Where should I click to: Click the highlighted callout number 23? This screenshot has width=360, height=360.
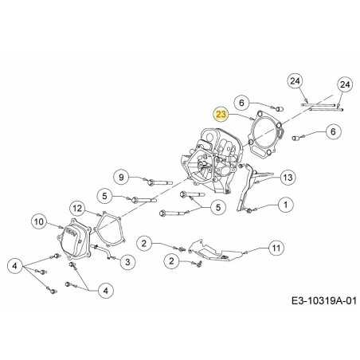(x=221, y=114)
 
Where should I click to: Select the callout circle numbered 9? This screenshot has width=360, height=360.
(x=121, y=177)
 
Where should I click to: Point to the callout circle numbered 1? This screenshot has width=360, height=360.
(x=284, y=205)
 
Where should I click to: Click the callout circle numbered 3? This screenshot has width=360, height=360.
(x=127, y=260)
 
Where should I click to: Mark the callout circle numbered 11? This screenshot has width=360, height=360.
(x=276, y=248)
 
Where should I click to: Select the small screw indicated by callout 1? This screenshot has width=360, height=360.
(x=249, y=209)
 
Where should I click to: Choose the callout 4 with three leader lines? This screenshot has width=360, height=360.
(x=15, y=265)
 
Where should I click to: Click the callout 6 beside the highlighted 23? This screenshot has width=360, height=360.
(x=244, y=101)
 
